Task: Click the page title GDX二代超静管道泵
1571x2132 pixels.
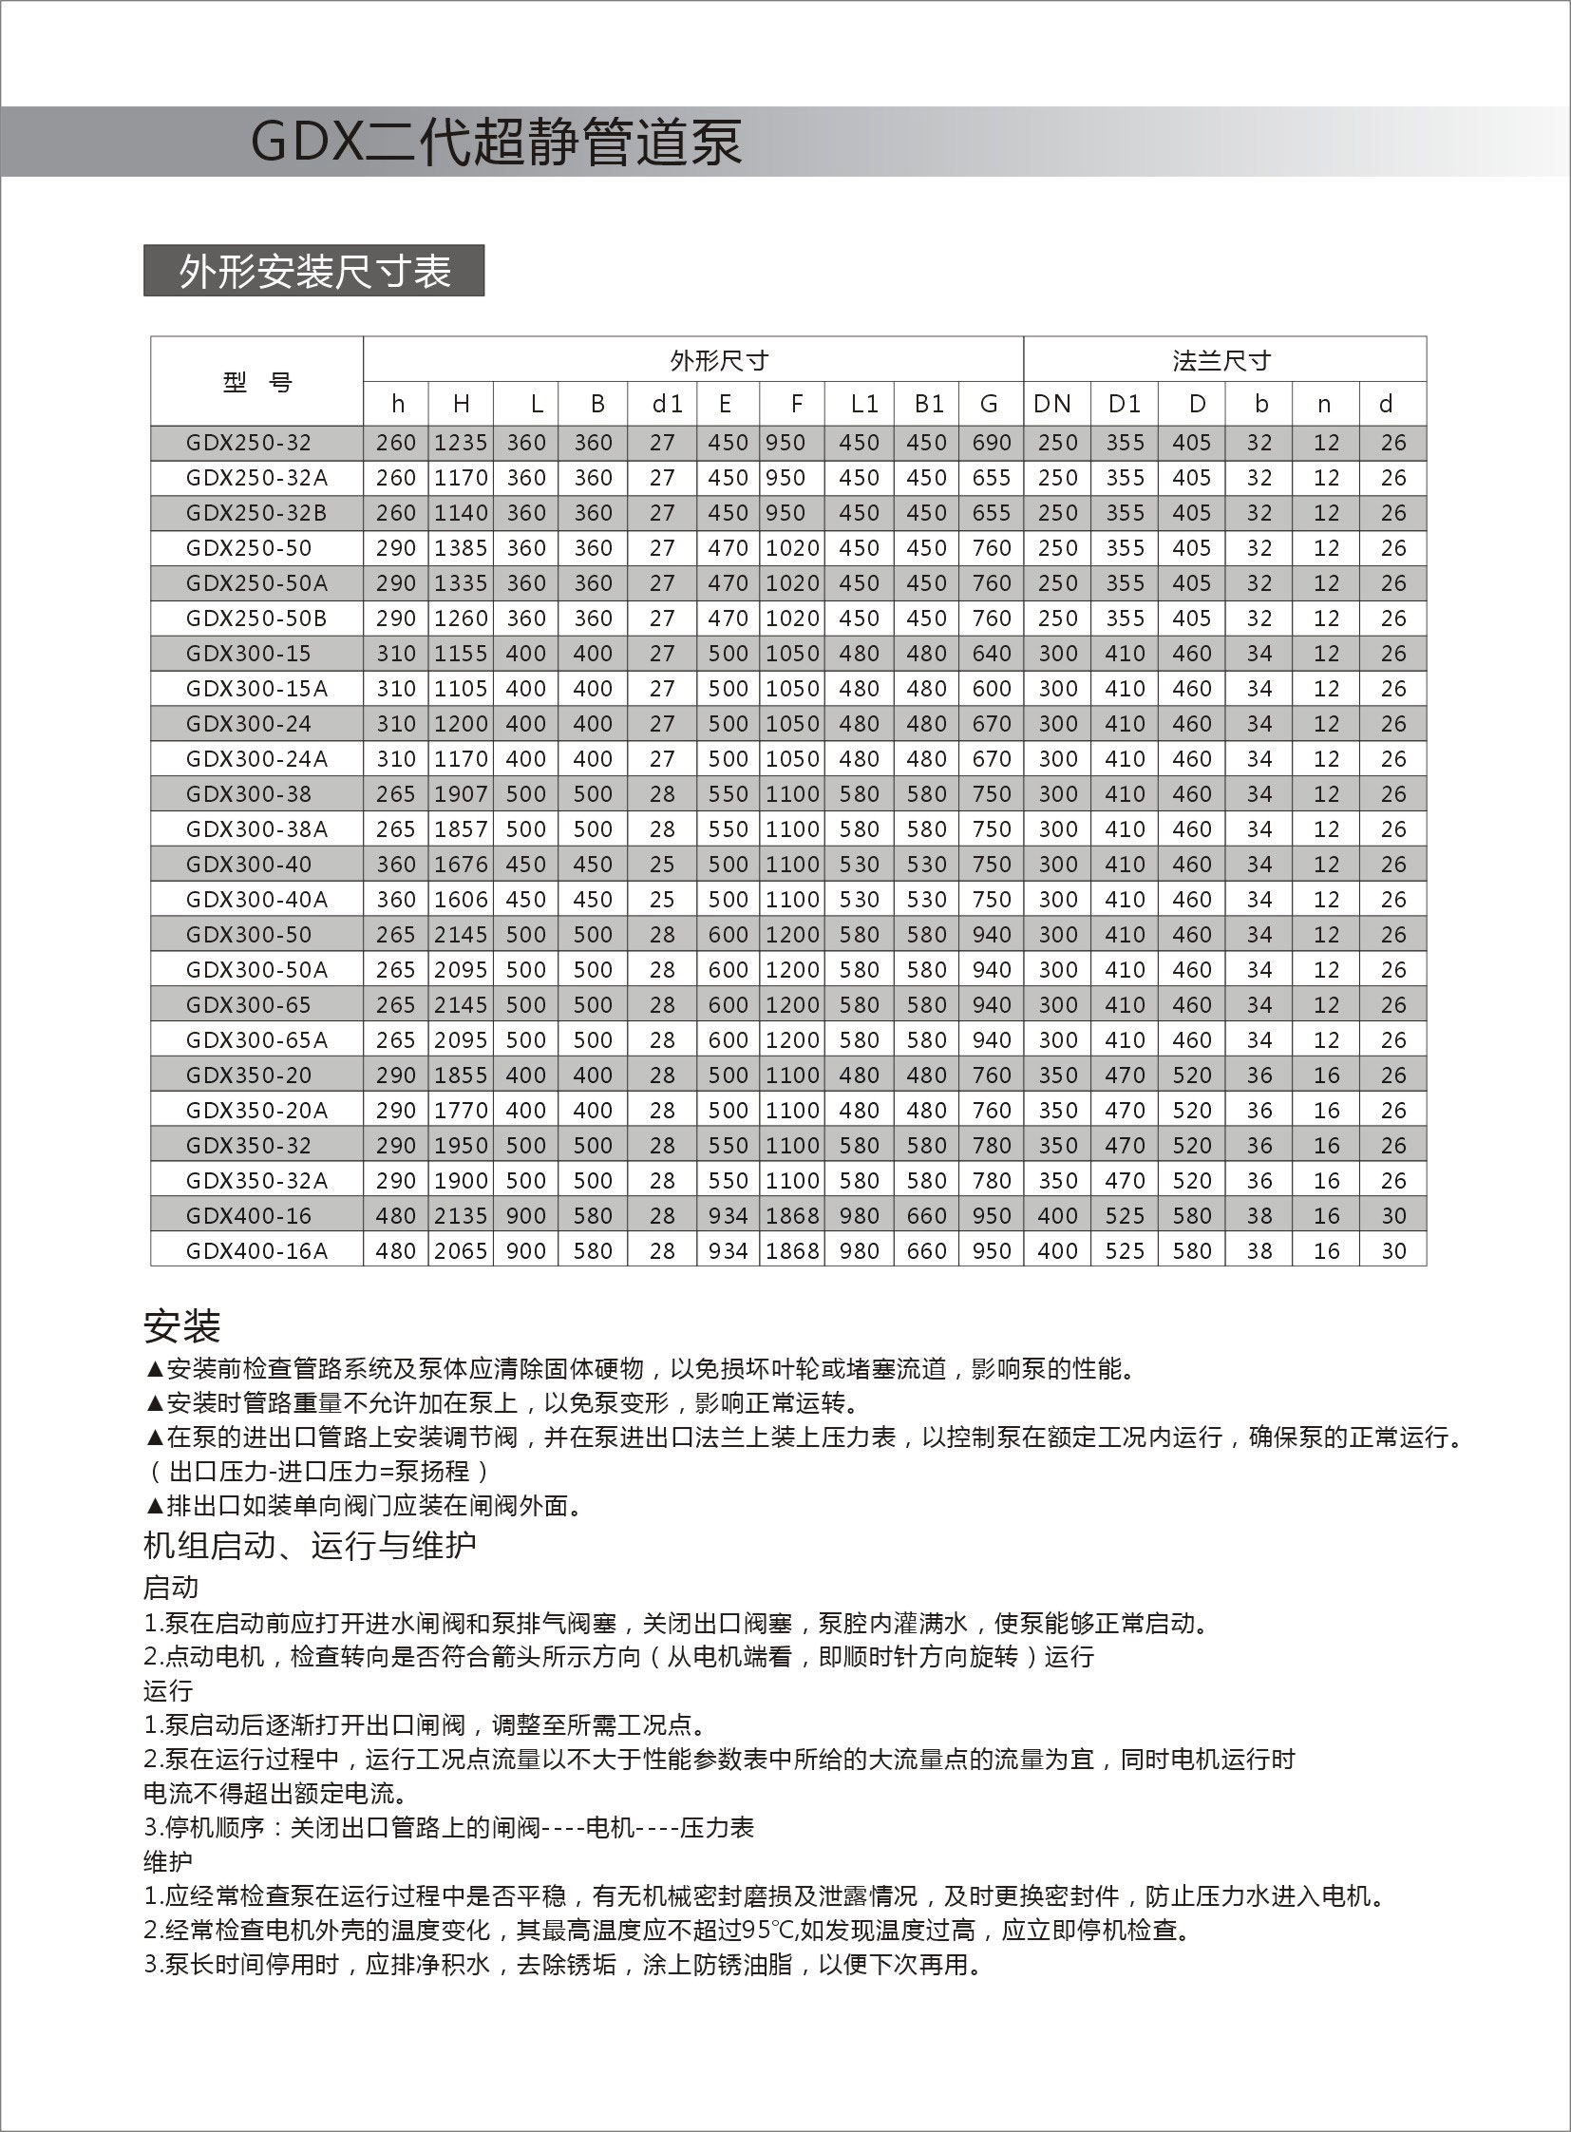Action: (496, 143)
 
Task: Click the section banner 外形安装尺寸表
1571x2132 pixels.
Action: (313, 272)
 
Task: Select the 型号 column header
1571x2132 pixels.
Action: (256, 383)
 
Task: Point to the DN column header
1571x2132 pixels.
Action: (1051, 405)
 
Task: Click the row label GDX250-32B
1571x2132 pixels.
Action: (256, 514)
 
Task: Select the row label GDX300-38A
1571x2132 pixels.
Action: (256, 829)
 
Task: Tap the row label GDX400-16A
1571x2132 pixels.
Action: (256, 1251)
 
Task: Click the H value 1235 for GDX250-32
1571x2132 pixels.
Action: (462, 444)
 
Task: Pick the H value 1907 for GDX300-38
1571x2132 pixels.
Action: (462, 794)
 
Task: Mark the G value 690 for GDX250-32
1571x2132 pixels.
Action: (991, 444)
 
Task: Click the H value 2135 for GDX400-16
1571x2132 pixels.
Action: (462, 1216)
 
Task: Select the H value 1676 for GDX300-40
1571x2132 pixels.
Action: (462, 865)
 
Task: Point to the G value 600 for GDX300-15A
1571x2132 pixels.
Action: (991, 689)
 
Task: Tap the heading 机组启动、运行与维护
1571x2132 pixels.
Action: (310, 1545)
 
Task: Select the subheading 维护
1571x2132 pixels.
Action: (167, 1862)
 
